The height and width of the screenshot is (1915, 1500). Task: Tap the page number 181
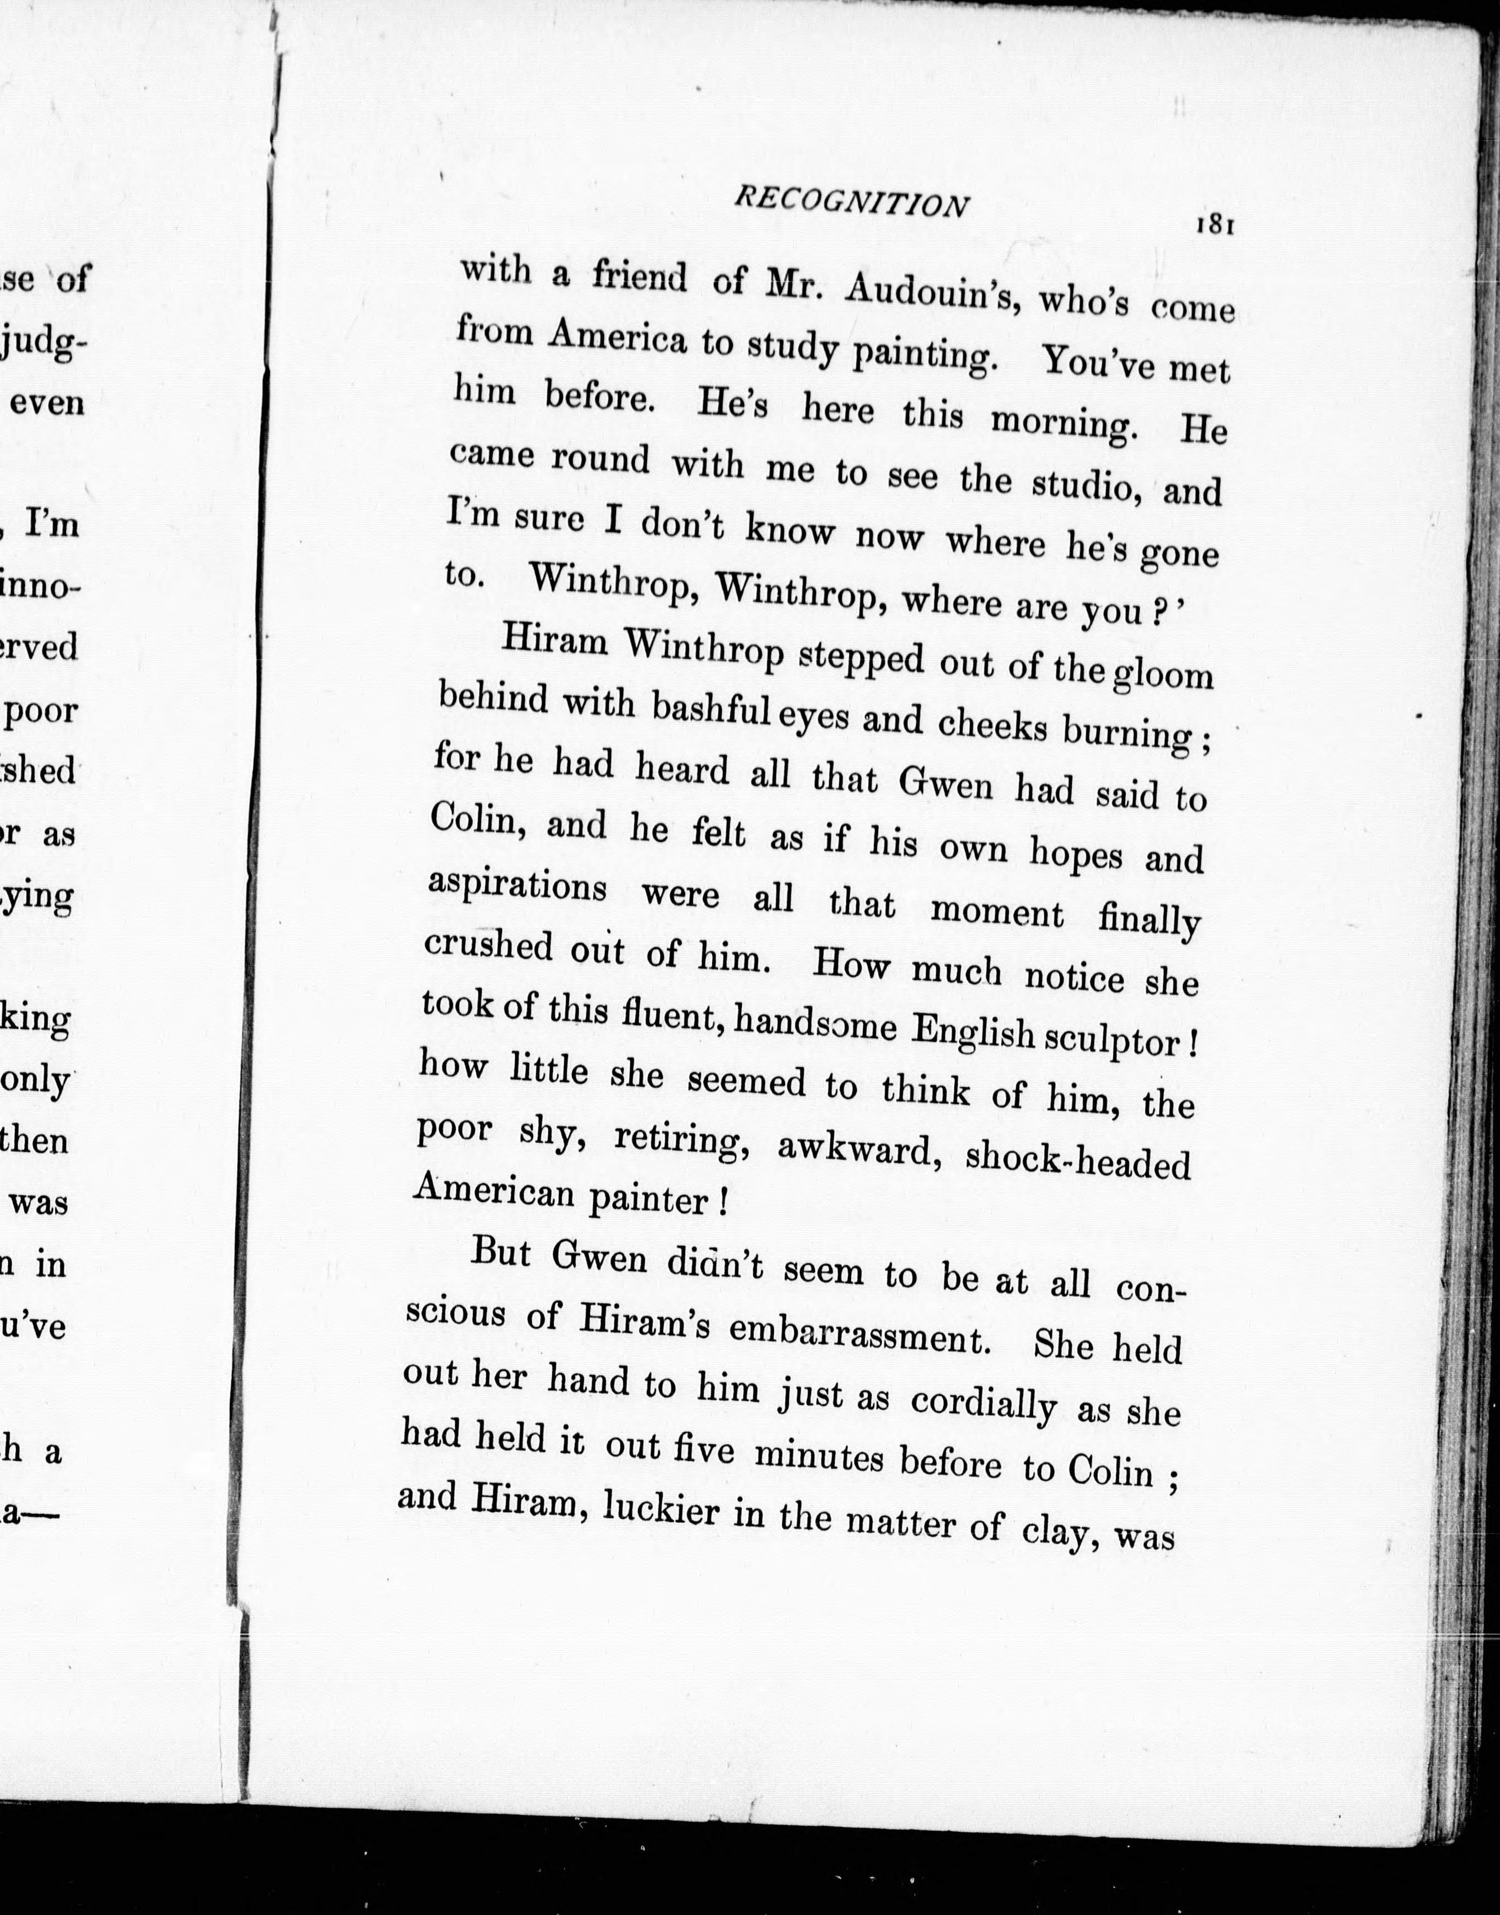point(1215,225)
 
